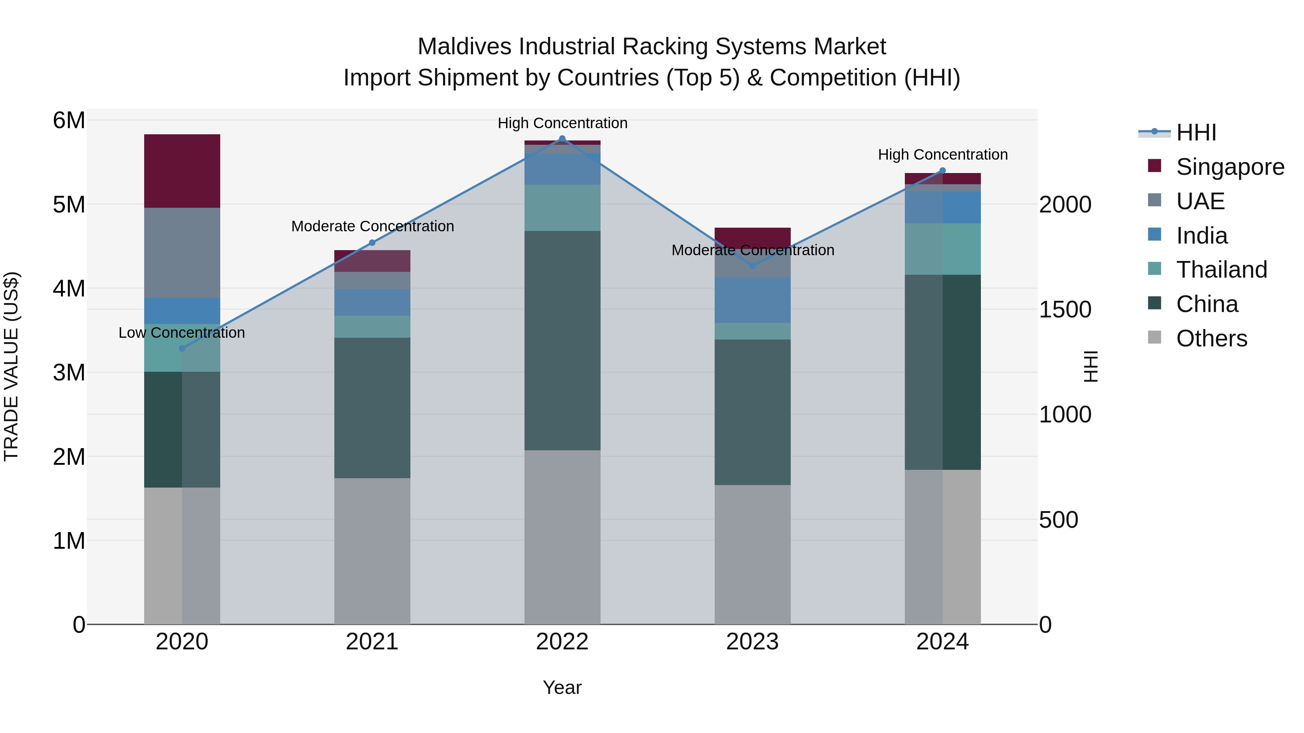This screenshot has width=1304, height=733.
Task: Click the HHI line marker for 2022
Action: click(562, 139)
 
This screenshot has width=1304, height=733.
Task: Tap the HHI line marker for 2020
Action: click(182, 349)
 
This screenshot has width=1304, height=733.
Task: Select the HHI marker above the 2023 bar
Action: click(752, 266)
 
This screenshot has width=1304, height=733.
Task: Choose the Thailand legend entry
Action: click(1221, 270)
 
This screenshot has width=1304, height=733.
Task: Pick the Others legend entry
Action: click(1211, 338)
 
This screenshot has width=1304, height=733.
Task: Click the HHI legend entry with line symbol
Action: click(1196, 132)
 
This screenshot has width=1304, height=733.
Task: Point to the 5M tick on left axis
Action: click(69, 205)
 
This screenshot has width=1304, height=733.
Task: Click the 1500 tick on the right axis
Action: click(1065, 309)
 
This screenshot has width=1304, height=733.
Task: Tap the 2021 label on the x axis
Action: click(372, 642)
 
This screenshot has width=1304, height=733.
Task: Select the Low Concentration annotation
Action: click(182, 333)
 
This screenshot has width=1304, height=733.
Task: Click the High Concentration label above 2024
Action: click(943, 155)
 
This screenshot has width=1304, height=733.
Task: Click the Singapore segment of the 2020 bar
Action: click(182, 171)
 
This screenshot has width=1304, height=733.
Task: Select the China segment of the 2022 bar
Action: click(562, 341)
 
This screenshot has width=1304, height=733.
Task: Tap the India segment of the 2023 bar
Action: click(752, 300)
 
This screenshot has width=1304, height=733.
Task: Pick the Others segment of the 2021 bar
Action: click(372, 551)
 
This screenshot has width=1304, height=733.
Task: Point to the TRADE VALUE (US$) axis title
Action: click(11, 366)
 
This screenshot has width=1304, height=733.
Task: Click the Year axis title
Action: click(562, 687)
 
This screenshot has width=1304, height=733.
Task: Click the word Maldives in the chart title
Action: click(464, 47)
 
